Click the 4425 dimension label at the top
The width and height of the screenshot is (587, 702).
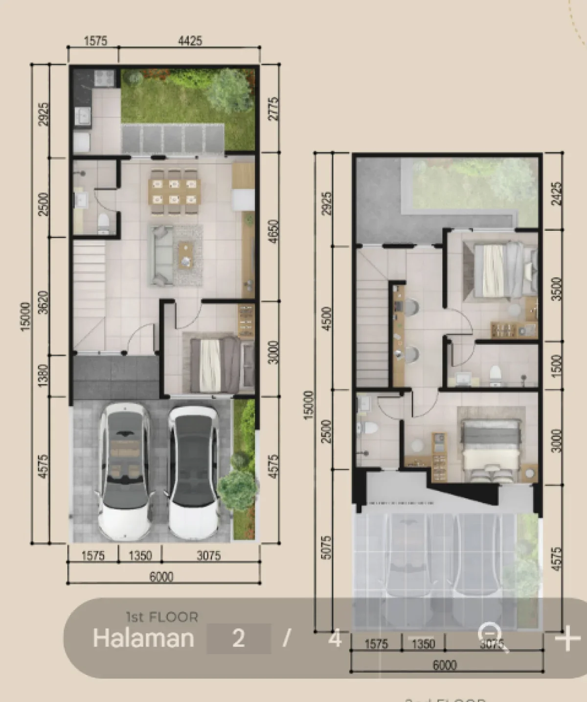click(x=190, y=41)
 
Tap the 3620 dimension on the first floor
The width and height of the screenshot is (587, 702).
click(x=44, y=302)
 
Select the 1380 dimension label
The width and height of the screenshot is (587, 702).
click(x=44, y=375)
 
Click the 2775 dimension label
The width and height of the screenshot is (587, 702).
click(x=274, y=109)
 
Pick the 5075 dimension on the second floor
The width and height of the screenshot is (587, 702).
click(x=327, y=548)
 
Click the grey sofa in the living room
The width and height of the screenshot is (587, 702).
click(x=160, y=256)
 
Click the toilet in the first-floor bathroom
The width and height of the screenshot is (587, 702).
click(x=104, y=223)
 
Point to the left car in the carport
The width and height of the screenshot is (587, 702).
click(x=123, y=470)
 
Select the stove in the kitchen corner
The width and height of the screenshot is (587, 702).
click(x=104, y=77)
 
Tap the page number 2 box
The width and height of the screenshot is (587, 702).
click(x=239, y=638)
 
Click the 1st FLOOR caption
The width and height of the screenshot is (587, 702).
click(x=162, y=617)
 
